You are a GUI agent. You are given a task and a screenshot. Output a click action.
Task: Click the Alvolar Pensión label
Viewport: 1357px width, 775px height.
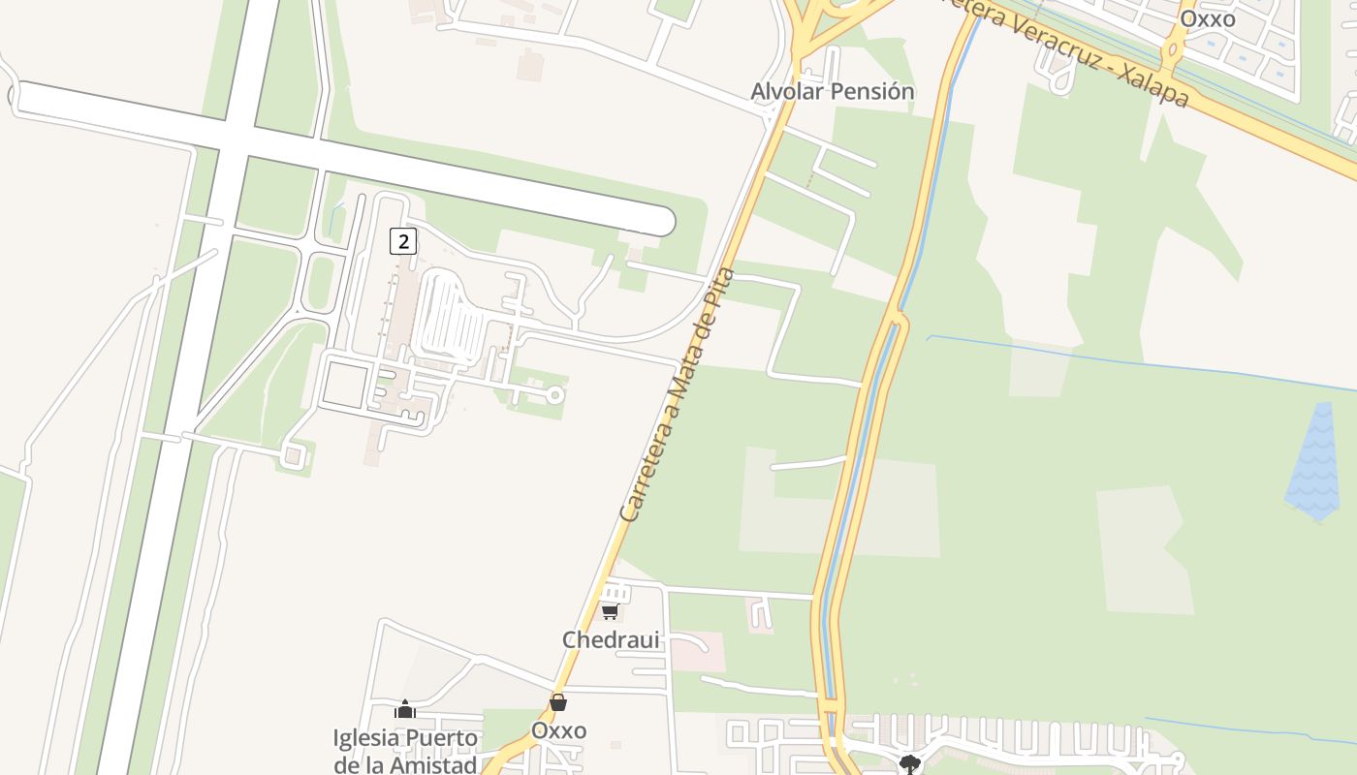[x=833, y=92]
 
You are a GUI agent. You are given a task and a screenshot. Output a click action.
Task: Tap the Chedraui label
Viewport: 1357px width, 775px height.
[x=611, y=640]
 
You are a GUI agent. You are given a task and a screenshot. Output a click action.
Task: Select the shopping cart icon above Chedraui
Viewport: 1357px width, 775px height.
[x=610, y=611]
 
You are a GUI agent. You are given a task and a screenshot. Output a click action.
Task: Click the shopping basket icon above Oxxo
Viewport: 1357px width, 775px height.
[x=558, y=702]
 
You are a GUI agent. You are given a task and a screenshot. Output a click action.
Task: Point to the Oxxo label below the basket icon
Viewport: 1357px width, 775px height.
[x=558, y=730]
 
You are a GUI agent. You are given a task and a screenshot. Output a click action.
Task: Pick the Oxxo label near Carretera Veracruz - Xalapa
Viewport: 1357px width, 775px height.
[x=1207, y=18]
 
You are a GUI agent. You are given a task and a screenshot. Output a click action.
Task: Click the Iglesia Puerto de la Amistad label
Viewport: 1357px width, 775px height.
[x=405, y=751]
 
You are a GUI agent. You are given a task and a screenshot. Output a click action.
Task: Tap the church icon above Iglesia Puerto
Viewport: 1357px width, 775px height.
[x=405, y=710]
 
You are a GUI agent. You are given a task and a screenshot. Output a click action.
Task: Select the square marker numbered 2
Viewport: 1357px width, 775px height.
[x=403, y=241]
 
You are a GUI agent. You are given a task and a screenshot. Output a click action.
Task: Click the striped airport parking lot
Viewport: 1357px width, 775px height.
[x=451, y=318]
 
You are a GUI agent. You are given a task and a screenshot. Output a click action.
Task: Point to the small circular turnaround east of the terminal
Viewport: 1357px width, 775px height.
[x=555, y=395]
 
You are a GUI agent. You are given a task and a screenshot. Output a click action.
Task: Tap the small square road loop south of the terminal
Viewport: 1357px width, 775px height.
[x=344, y=384]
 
